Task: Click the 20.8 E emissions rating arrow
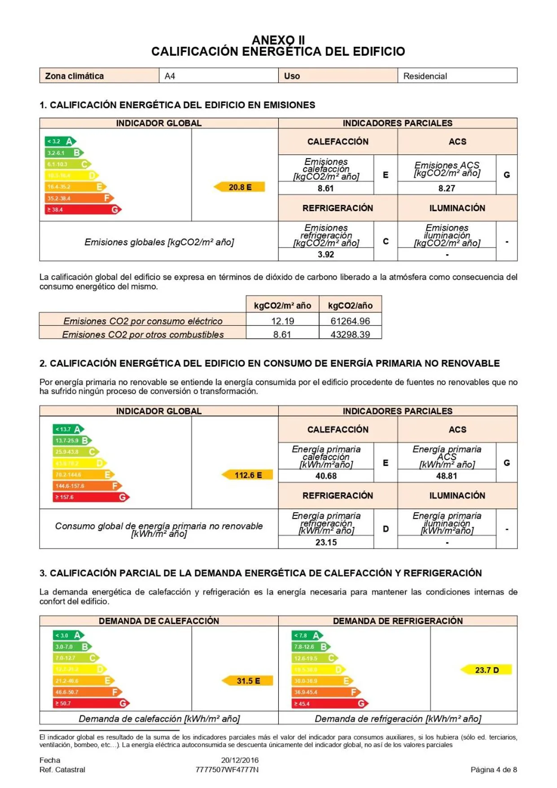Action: coord(240,187)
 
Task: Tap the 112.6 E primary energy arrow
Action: coord(248,475)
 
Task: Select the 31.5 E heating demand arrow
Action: coord(248,681)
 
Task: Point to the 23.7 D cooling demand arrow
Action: coord(487,670)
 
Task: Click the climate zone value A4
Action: coord(170,76)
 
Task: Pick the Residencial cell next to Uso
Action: coord(425,76)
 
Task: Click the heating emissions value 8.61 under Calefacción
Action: coord(326,188)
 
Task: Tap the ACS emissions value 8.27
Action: coord(447,188)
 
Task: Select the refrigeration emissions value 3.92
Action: coord(326,254)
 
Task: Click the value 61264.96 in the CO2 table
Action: coord(350,321)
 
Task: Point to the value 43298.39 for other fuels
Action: coord(350,334)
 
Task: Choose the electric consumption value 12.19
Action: coord(282,321)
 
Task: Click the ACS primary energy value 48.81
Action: coord(447,476)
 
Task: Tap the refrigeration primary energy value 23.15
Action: coord(326,542)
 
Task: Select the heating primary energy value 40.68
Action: coord(326,476)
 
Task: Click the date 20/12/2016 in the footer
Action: coord(240,760)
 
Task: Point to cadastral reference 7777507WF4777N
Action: coord(227,770)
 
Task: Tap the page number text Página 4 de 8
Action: coord(494,770)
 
